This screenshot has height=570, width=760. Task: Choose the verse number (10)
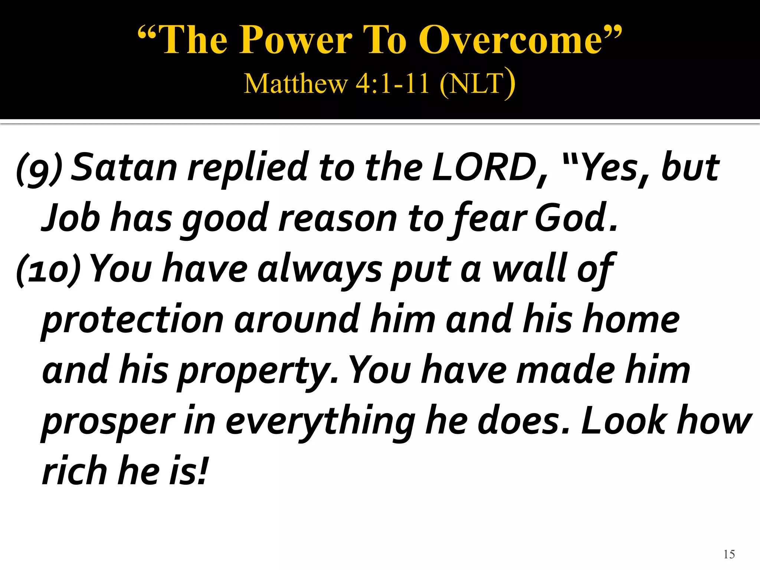point(48,269)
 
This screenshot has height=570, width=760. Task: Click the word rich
point(75,471)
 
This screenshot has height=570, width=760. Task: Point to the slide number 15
point(729,554)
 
